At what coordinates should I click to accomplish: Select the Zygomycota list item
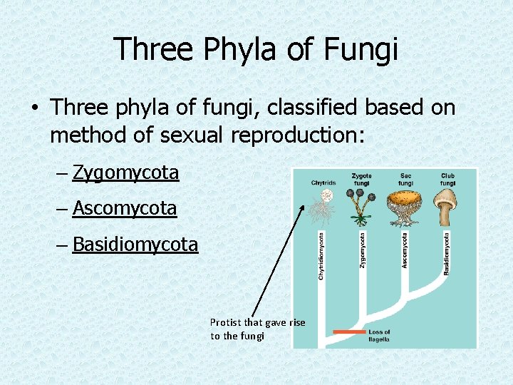click(x=125, y=173)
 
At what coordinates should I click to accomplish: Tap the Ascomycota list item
click(x=125, y=208)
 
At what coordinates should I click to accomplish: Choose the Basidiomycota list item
click(x=135, y=245)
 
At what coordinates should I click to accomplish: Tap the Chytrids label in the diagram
click(x=323, y=183)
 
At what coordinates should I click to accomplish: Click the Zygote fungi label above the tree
click(x=361, y=180)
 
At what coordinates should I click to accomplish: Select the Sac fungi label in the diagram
click(x=405, y=180)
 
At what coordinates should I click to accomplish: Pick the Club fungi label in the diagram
click(x=447, y=180)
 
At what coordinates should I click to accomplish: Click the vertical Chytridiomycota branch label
click(x=321, y=255)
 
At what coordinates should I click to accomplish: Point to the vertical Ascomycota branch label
click(x=405, y=250)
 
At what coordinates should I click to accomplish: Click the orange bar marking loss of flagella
click(x=349, y=332)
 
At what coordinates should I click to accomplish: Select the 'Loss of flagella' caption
click(x=380, y=335)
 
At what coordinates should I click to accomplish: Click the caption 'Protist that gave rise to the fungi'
click(x=257, y=329)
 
